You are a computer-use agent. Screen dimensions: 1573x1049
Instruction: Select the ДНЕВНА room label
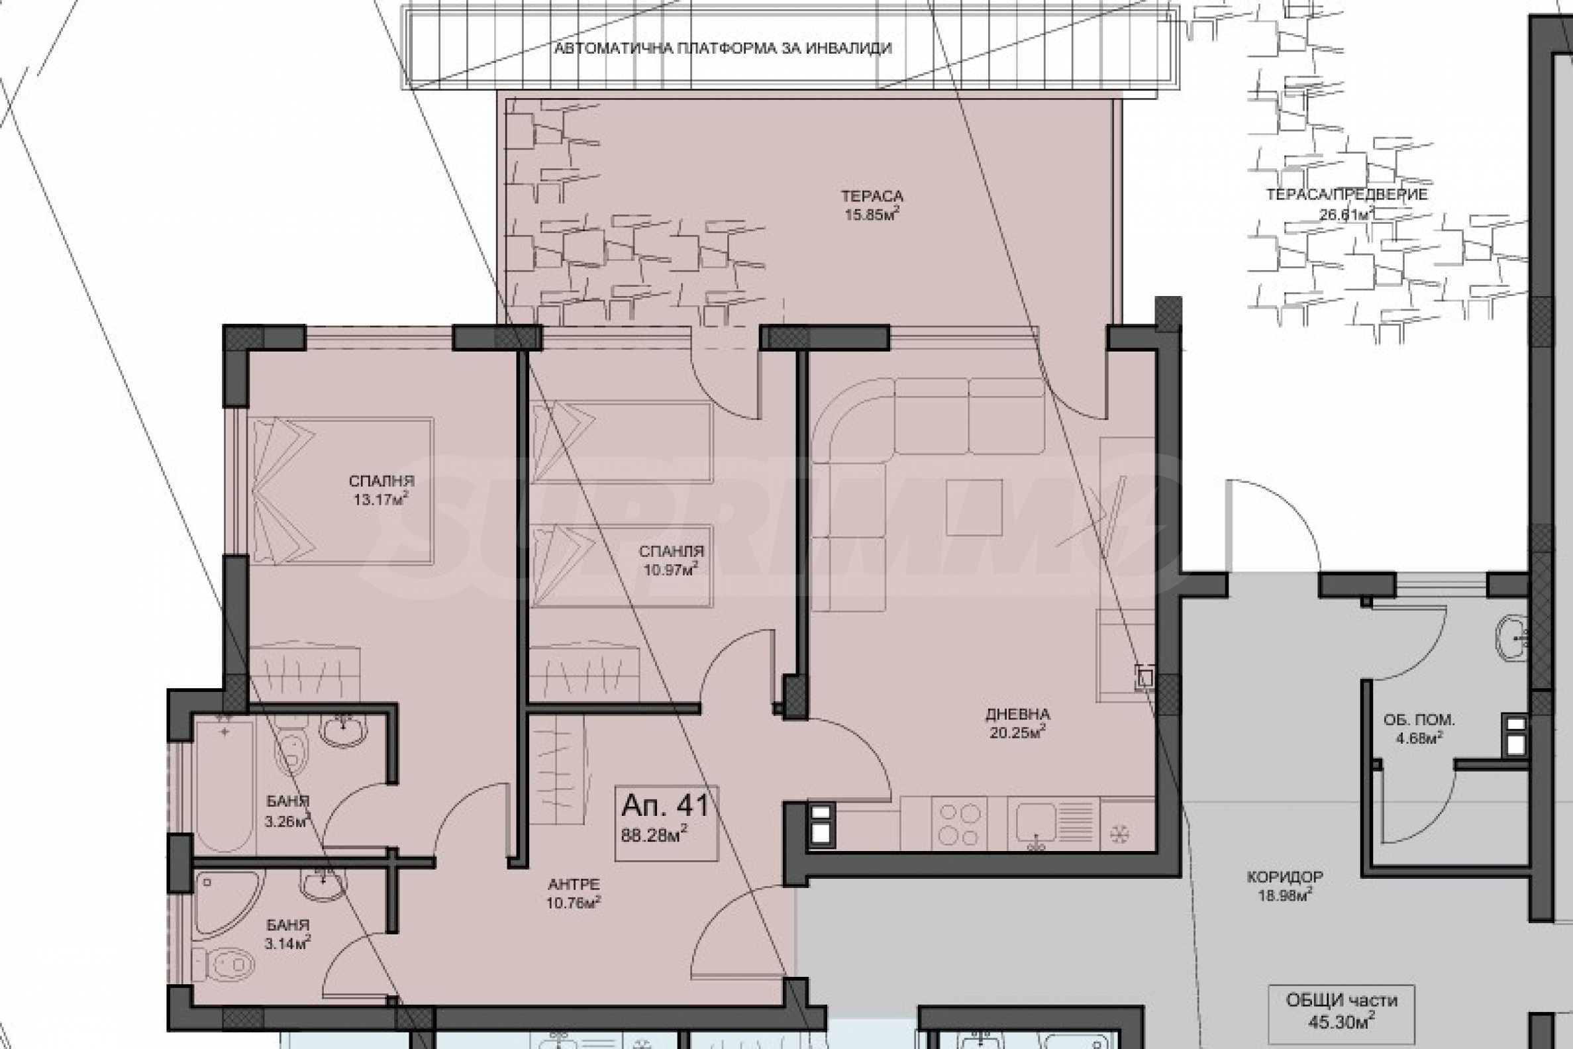coord(1018,715)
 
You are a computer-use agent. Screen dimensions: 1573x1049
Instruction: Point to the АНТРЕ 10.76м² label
coord(574,894)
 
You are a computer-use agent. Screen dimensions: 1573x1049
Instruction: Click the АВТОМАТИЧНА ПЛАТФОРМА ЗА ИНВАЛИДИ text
coord(723,48)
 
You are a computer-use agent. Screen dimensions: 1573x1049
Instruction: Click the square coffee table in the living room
coord(974,507)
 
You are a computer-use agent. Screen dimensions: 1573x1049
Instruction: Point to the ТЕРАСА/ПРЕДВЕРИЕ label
coord(1347,195)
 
